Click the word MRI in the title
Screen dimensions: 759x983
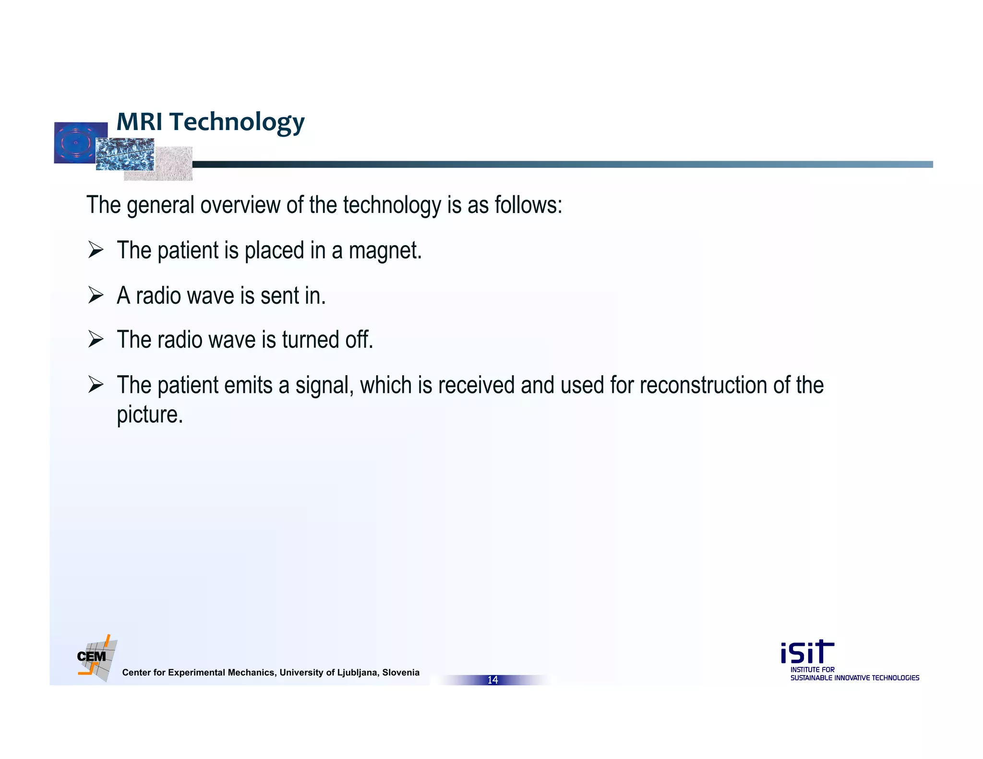(139, 121)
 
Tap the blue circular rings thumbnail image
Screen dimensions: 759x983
(74, 142)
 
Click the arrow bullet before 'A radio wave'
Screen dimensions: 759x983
(96, 295)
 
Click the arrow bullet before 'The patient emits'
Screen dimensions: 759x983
(96, 385)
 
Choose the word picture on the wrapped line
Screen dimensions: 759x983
(149, 415)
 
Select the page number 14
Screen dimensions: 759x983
(492, 680)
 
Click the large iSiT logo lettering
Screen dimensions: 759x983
(807, 652)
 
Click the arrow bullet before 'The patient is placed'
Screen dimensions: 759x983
(96, 250)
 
